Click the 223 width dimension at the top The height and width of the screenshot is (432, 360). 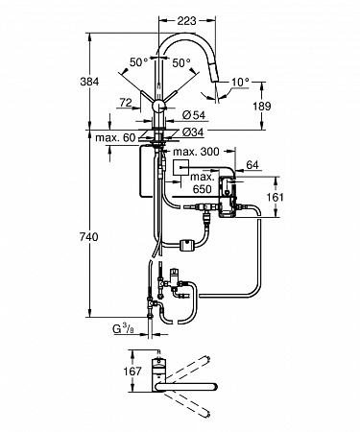point(187,21)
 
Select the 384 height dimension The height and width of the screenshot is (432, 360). point(89,82)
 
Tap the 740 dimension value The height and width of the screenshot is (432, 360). point(89,237)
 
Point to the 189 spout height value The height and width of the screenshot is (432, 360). point(262,106)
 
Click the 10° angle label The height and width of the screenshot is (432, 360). point(240,83)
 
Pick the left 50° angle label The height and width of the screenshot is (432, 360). point(138,62)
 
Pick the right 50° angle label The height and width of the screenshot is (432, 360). point(181,62)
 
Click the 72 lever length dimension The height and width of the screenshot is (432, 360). point(126,103)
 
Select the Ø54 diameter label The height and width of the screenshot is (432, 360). point(194,115)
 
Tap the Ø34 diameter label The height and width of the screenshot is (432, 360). point(193,132)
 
